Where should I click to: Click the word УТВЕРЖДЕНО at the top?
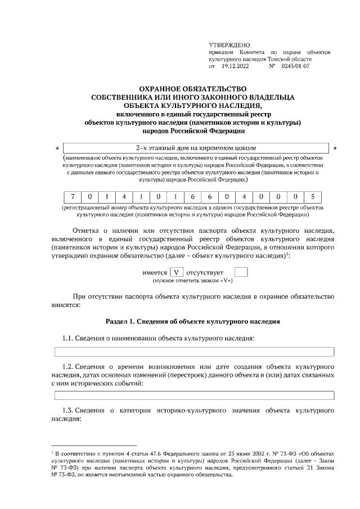click(x=229, y=44)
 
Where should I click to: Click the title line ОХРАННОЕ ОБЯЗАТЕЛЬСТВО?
click(x=193, y=89)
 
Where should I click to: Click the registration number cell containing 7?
click(x=73, y=197)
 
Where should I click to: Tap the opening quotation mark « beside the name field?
click(x=58, y=148)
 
